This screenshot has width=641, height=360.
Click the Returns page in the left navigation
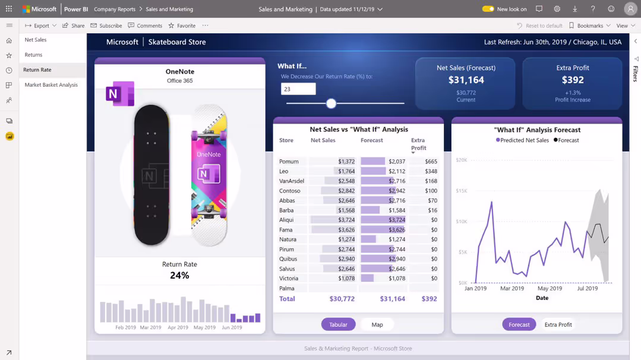click(x=33, y=55)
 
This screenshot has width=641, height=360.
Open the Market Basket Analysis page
click(x=51, y=85)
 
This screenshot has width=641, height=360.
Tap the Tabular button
click(x=338, y=324)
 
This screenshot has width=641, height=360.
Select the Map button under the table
click(x=377, y=324)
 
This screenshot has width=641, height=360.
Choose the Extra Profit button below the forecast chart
click(x=558, y=324)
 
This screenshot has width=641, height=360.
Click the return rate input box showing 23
click(x=298, y=89)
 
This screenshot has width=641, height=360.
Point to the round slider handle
click(x=331, y=103)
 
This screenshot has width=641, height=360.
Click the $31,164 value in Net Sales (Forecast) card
click(x=466, y=80)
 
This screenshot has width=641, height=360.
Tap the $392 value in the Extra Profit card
click(x=573, y=80)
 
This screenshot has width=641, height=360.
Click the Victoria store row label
click(x=289, y=278)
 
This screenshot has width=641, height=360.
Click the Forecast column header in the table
click(x=371, y=140)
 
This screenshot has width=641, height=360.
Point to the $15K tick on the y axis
click(x=462, y=191)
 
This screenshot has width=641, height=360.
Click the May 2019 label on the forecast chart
click(x=550, y=288)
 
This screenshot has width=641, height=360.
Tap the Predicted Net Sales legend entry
click(x=523, y=140)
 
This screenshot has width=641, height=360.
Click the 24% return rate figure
click(x=179, y=276)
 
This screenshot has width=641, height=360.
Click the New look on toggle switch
click(x=488, y=9)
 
